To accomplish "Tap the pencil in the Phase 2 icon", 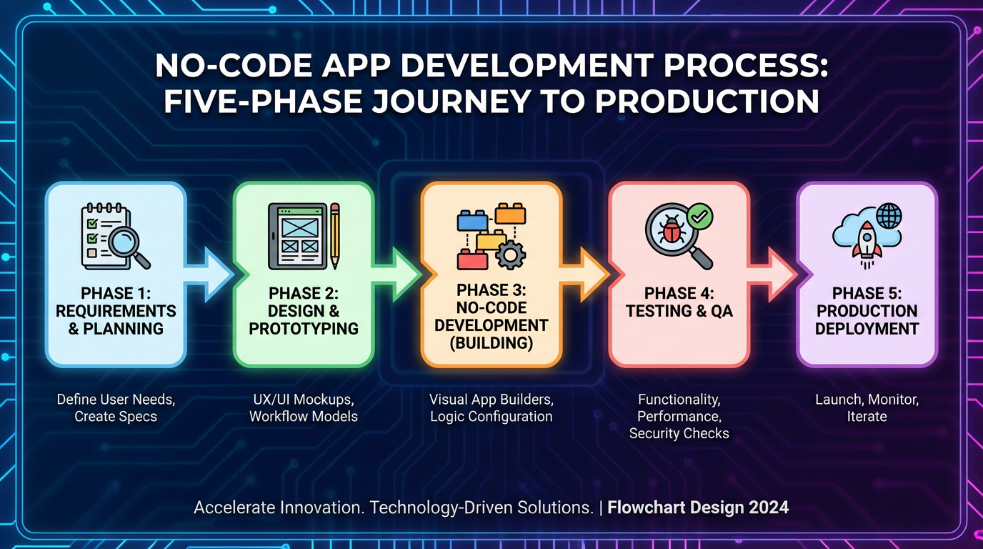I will tap(334, 235).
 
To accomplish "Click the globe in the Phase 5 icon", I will tap(889, 216).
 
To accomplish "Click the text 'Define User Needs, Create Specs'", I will tap(116, 407).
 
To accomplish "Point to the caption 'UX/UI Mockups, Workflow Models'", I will tap(304, 407).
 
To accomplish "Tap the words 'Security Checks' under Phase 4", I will tap(679, 433).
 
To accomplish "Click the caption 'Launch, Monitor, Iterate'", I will tap(867, 407).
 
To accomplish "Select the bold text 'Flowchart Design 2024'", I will tap(698, 508).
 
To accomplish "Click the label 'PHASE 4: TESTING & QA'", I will tap(679, 302).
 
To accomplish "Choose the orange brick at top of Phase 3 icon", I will tap(510, 213).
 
